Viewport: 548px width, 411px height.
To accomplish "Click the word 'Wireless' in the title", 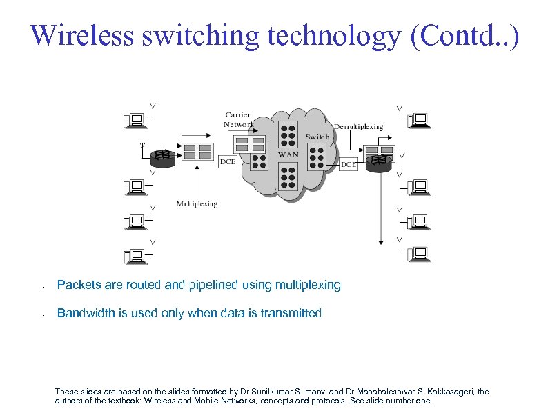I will click(x=82, y=35).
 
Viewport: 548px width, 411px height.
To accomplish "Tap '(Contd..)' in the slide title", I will click(x=463, y=35).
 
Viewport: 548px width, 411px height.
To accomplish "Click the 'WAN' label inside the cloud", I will click(x=288, y=154).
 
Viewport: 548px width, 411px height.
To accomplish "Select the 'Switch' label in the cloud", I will click(x=317, y=137).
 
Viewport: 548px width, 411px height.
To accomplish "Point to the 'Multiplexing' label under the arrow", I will click(x=197, y=203).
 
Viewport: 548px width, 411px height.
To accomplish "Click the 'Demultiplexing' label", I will click(x=358, y=127).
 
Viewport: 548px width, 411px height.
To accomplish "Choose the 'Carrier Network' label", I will click(x=237, y=119).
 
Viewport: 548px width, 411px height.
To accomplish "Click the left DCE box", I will click(x=227, y=161).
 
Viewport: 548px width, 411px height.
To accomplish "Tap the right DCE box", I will click(x=349, y=165).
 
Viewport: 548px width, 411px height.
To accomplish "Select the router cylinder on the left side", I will click(x=163, y=157).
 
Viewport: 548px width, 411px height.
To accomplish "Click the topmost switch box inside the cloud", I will click(x=288, y=132).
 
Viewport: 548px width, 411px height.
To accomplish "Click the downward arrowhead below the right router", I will click(x=380, y=242).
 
